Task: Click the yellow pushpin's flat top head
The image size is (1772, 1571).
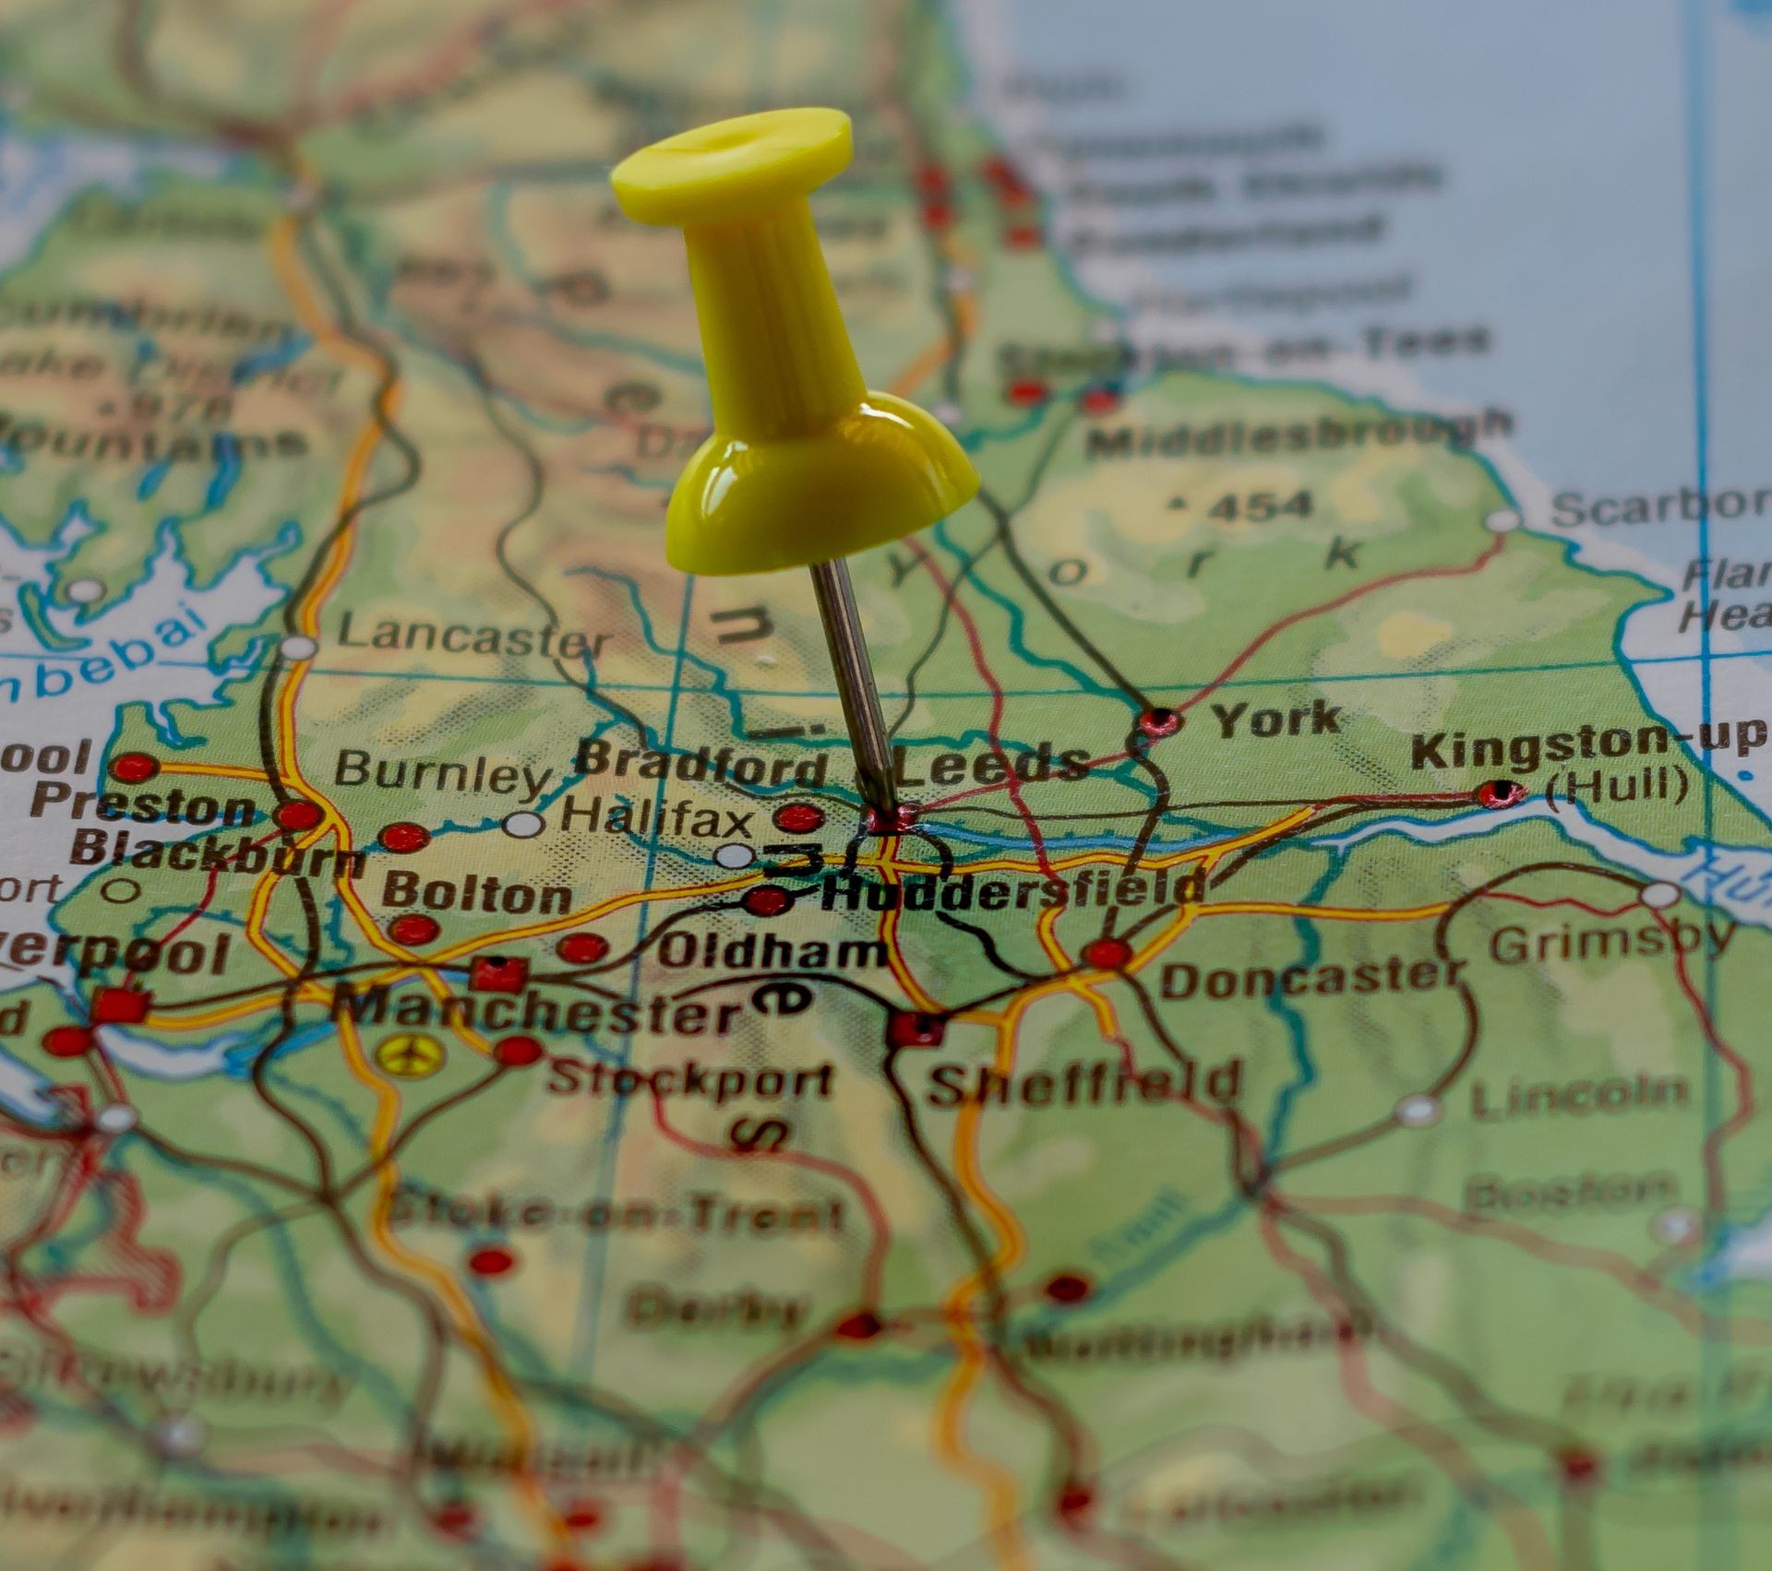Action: point(731,164)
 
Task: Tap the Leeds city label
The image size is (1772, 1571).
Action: point(992,764)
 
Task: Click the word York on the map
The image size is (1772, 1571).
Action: point(1275,720)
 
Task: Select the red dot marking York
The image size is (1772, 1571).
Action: point(1159,720)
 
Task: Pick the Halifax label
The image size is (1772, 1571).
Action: point(657,817)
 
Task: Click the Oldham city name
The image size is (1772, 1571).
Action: point(771,950)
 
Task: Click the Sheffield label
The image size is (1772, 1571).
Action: point(1084,1084)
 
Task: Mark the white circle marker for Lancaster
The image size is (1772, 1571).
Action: point(297,647)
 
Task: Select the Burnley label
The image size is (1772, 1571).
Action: point(441,773)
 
